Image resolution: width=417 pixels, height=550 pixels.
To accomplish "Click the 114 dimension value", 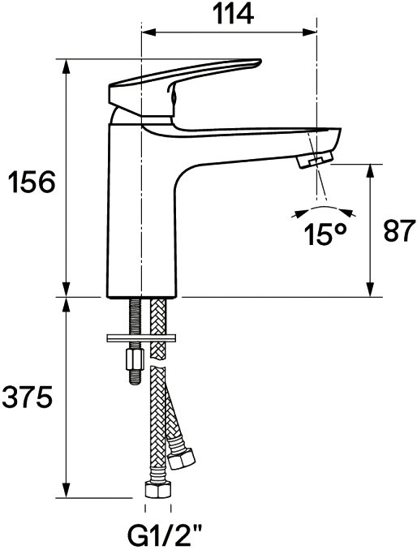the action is (234, 13).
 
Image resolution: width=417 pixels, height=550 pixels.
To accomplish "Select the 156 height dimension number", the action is (32, 182).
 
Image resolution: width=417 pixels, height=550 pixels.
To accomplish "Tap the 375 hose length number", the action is (27, 397).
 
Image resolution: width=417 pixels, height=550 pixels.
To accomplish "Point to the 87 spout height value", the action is (399, 231).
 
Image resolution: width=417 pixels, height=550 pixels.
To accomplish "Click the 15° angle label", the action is (326, 234).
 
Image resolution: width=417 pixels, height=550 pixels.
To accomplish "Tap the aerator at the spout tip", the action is (315, 160).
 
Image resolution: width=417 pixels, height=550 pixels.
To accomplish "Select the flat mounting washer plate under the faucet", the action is (141, 338).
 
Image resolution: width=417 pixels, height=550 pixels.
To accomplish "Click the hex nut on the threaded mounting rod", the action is (135, 359).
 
